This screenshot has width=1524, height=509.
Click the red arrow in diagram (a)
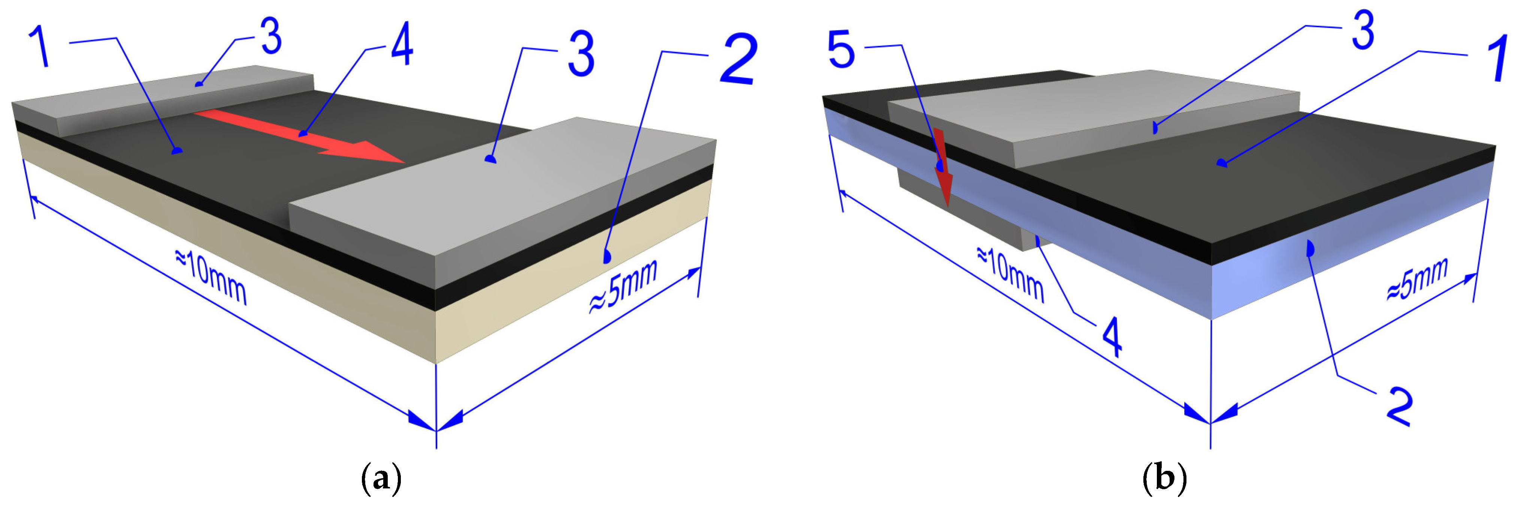(x=299, y=135)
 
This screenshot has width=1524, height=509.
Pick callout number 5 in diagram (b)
(x=841, y=50)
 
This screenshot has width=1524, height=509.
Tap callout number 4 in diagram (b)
(x=1112, y=336)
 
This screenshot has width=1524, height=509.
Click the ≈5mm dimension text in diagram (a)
(x=623, y=287)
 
